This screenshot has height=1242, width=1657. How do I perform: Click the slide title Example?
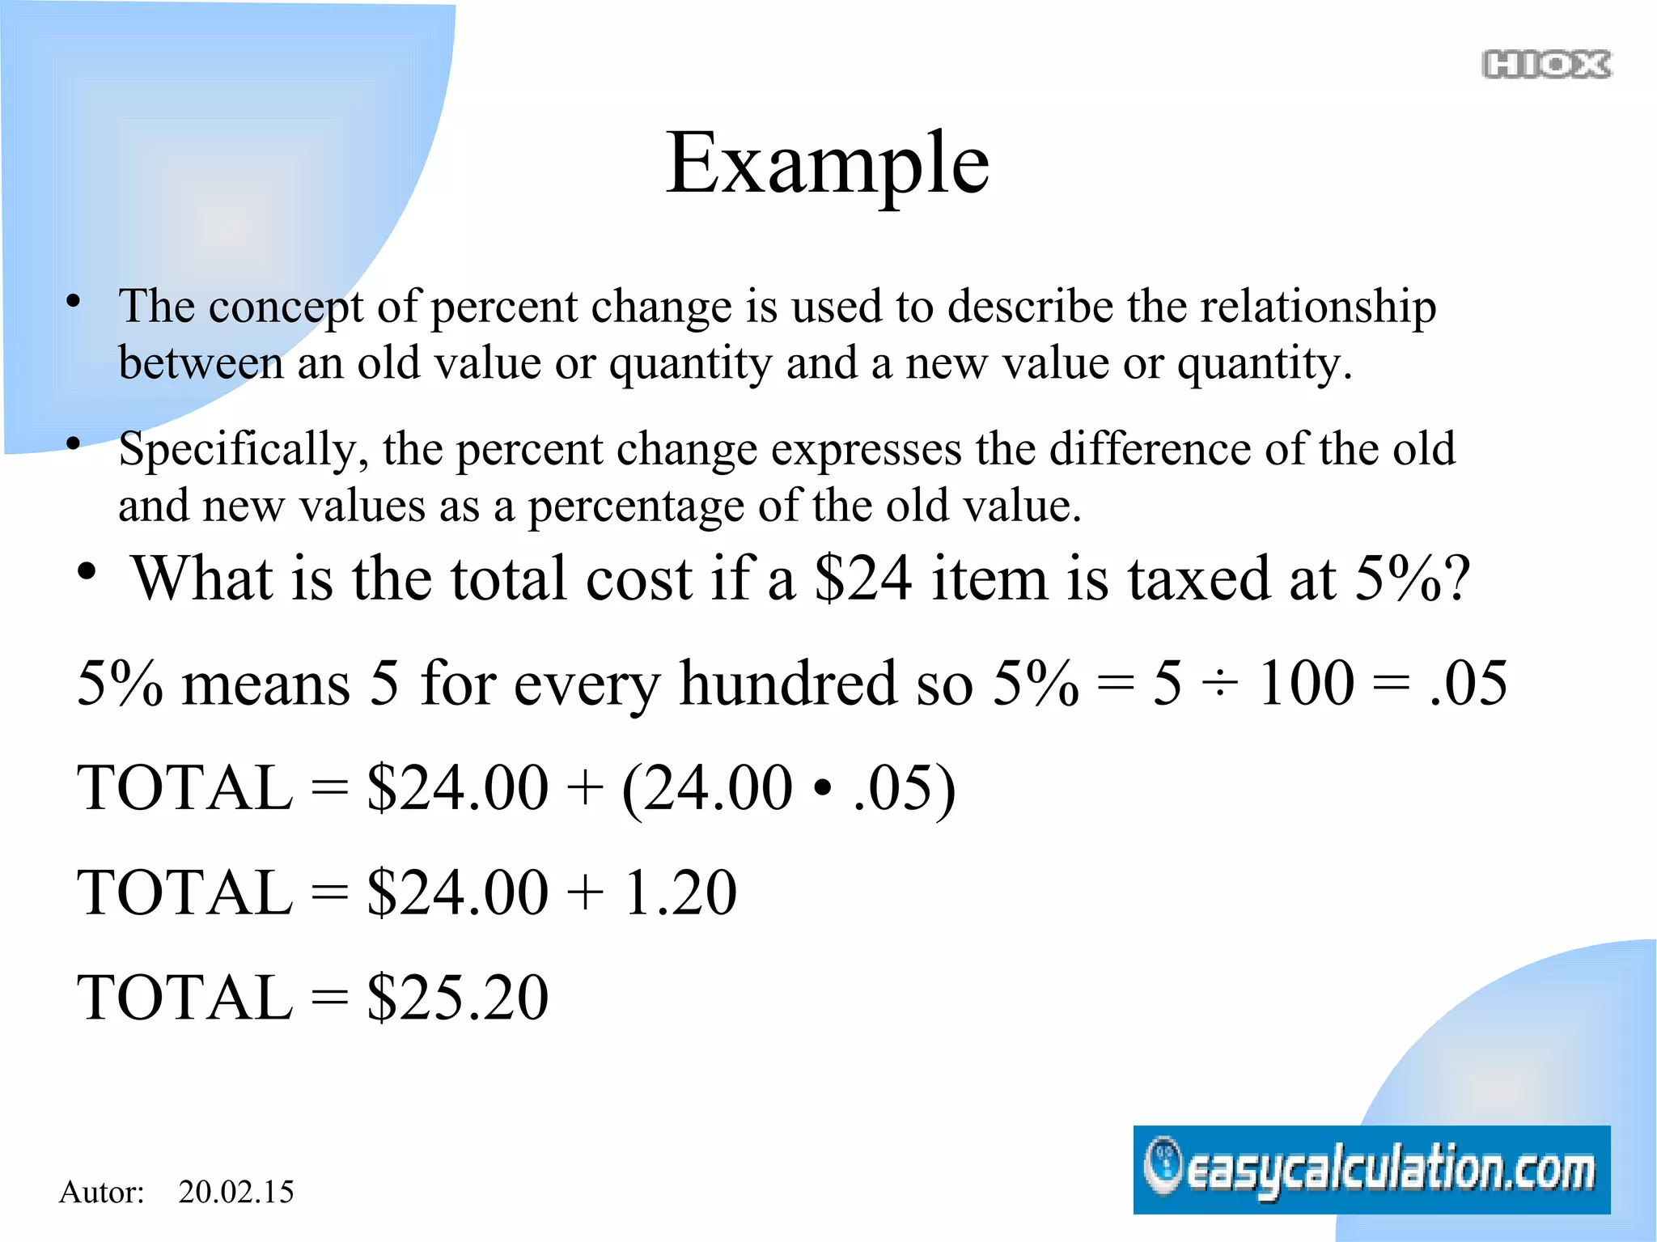click(x=827, y=164)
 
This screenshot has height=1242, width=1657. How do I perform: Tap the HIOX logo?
click(x=1546, y=65)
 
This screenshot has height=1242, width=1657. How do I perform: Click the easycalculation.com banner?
click(x=1371, y=1169)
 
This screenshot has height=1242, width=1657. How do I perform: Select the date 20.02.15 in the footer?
click(x=235, y=1192)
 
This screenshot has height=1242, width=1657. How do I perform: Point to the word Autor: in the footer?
click(x=102, y=1192)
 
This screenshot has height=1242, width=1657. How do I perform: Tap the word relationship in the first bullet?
click(x=1318, y=307)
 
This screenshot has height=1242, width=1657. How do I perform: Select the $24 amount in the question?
click(x=863, y=579)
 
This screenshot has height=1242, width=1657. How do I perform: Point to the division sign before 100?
click(x=1219, y=684)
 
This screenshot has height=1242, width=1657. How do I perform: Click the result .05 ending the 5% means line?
click(x=1468, y=684)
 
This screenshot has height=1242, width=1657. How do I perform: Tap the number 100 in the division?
click(x=1306, y=684)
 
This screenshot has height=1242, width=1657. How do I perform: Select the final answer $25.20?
click(x=458, y=997)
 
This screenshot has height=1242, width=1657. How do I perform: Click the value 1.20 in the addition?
click(x=680, y=892)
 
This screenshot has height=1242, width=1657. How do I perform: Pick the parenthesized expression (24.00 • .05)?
click(x=789, y=788)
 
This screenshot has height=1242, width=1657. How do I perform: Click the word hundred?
click(x=788, y=684)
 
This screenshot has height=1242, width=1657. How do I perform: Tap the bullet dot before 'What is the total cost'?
click(x=87, y=572)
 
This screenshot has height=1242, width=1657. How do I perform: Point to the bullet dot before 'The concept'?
click(x=74, y=301)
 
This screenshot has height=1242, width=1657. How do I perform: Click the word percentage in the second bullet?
click(x=636, y=507)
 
